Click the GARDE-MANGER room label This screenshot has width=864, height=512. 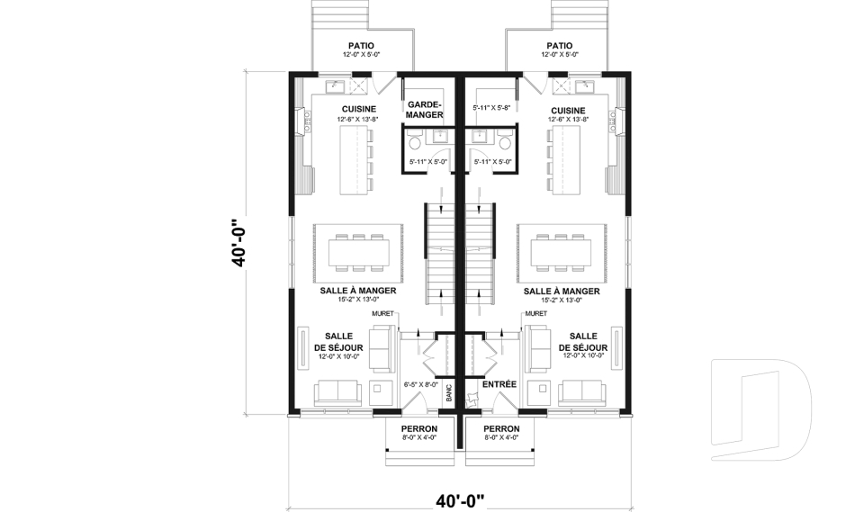pyautogui.click(x=425, y=110)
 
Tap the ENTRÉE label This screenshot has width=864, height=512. pyautogui.click(x=499, y=384)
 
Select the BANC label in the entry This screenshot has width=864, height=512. pyautogui.click(x=449, y=392)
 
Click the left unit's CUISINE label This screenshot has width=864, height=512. pyautogui.click(x=359, y=110)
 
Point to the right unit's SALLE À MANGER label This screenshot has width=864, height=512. pyautogui.click(x=562, y=291)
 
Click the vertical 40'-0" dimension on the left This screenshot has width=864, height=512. pyautogui.click(x=238, y=243)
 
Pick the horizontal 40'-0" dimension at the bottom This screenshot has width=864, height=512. pyautogui.click(x=460, y=501)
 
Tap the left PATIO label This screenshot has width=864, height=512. pyautogui.click(x=362, y=46)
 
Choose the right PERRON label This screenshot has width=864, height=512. pyautogui.click(x=501, y=429)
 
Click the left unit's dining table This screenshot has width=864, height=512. pyautogui.click(x=359, y=254)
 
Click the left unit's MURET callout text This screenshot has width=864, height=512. pyautogui.click(x=383, y=314)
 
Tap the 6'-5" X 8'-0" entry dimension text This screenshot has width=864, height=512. pyautogui.click(x=421, y=385)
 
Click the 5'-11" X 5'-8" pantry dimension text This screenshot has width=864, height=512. pyautogui.click(x=490, y=109)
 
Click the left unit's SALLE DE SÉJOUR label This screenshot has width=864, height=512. pyautogui.click(x=338, y=342)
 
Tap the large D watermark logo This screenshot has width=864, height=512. pyautogui.click(x=760, y=409)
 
